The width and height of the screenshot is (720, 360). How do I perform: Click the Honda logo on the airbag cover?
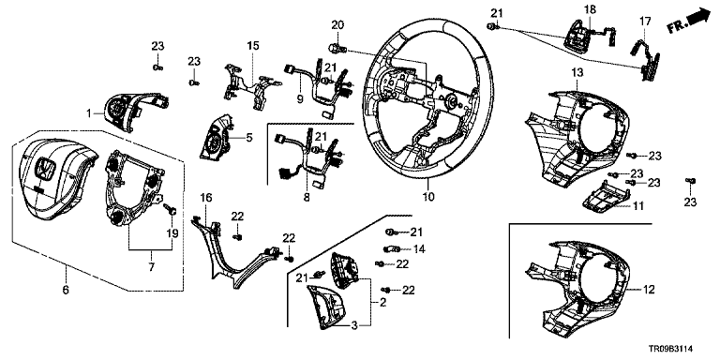tap(46, 168)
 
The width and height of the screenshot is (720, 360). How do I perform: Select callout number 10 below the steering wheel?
tap(427, 197)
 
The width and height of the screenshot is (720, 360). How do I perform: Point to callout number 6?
tap(66, 290)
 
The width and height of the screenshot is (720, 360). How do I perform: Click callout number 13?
tap(577, 71)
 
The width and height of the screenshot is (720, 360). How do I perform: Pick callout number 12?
tap(650, 290)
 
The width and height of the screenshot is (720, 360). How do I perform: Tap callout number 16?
tap(206, 198)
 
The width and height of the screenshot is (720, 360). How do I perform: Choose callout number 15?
tap(253, 45)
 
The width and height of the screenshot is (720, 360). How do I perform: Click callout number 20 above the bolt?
tap(337, 25)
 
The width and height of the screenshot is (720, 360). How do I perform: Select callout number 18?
tap(589, 9)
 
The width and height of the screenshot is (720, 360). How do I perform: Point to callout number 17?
tap(645, 21)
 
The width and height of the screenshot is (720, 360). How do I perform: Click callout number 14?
tap(419, 249)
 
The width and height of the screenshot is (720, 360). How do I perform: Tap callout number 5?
tap(248, 137)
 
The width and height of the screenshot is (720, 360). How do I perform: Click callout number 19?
tap(172, 233)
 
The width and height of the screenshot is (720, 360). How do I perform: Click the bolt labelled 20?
tap(336, 47)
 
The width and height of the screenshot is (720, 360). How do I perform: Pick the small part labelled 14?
tap(389, 248)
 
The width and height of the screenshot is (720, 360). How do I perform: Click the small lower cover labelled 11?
tap(600, 197)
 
